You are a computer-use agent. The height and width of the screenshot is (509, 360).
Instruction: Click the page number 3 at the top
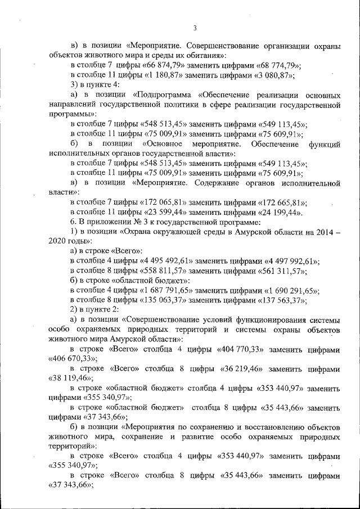coord(195,28)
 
